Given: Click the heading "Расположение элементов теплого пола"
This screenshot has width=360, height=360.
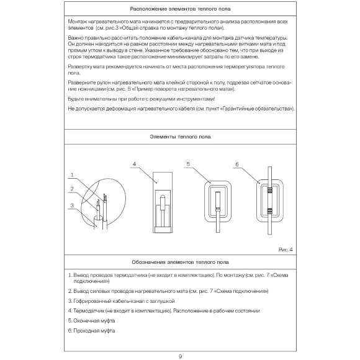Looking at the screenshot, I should click(179, 9).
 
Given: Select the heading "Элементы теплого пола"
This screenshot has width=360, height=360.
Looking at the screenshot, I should click(179, 137).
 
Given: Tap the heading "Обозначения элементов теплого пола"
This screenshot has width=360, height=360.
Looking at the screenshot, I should click(179, 263).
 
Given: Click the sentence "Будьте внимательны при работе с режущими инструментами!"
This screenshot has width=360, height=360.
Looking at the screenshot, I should click(141, 99).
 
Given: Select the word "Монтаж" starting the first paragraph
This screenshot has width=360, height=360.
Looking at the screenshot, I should click(78, 22).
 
